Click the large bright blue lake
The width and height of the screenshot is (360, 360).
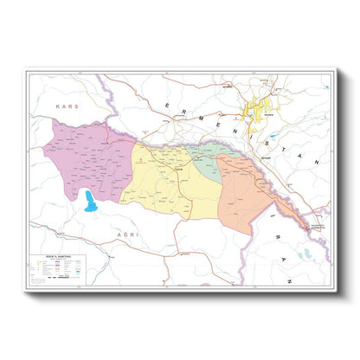89,203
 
